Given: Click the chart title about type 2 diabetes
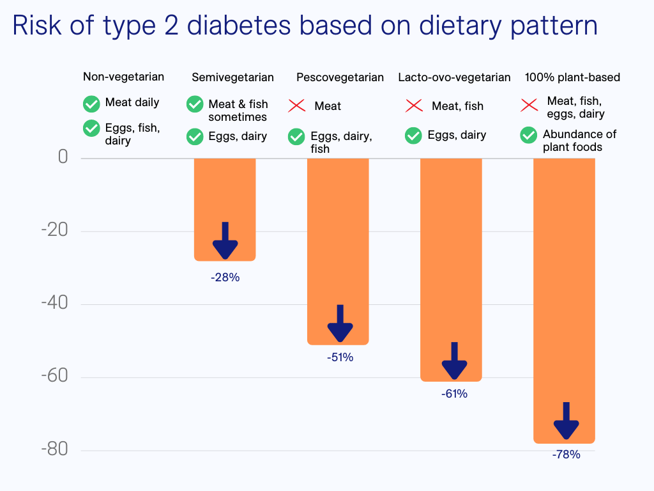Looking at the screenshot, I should [x=305, y=26].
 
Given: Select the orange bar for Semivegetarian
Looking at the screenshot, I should [x=225, y=192].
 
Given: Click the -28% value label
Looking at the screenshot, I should [x=225, y=277].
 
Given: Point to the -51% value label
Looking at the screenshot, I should [x=340, y=357].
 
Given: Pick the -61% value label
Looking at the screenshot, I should [x=454, y=394].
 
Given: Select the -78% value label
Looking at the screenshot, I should [x=566, y=455].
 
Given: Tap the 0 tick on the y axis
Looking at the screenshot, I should [x=63, y=157].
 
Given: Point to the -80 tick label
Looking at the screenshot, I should [x=54, y=449].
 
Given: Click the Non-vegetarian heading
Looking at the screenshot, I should [x=123, y=77].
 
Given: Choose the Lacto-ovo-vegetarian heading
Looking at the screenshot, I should [x=454, y=77].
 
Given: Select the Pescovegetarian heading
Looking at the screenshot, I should [x=340, y=77].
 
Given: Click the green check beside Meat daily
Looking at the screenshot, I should [x=91, y=103].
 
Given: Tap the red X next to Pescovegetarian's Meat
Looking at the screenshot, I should [x=296, y=105].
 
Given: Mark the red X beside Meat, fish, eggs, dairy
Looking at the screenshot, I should [x=529, y=104].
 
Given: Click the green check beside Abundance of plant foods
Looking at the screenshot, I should [x=528, y=135].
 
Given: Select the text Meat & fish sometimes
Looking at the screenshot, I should [x=238, y=111].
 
